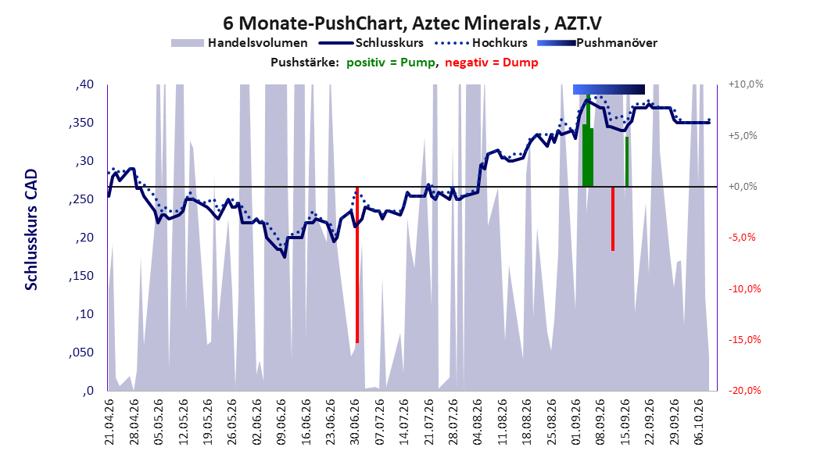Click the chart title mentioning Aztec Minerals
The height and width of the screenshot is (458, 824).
[412, 23]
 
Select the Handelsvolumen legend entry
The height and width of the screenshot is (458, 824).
[239, 43]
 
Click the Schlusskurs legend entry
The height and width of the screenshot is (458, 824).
[371, 43]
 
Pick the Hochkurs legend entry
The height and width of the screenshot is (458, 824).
[481, 43]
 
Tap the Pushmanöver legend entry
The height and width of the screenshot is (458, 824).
[597, 43]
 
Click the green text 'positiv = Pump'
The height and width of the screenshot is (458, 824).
[391, 63]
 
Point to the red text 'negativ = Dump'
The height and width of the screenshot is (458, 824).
[492, 63]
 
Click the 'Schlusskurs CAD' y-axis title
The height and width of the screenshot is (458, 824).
[31, 230]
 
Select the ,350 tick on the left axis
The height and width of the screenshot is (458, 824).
[81, 123]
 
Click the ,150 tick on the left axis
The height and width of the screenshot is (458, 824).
[81, 276]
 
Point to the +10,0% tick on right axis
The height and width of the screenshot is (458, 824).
[746, 84]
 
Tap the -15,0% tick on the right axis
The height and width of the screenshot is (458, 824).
[744, 340]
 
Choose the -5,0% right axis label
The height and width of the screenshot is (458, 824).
[742, 238]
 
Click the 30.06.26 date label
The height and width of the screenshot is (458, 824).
[355, 422]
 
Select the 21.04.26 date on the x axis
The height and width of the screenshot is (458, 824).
[109, 422]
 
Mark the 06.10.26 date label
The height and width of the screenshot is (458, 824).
[699, 422]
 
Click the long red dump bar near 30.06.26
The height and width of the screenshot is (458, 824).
[357, 265]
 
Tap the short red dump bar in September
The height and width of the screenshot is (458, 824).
[613, 219]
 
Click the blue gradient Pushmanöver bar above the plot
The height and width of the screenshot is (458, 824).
[608, 89]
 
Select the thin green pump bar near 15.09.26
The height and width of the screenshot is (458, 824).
[627, 162]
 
